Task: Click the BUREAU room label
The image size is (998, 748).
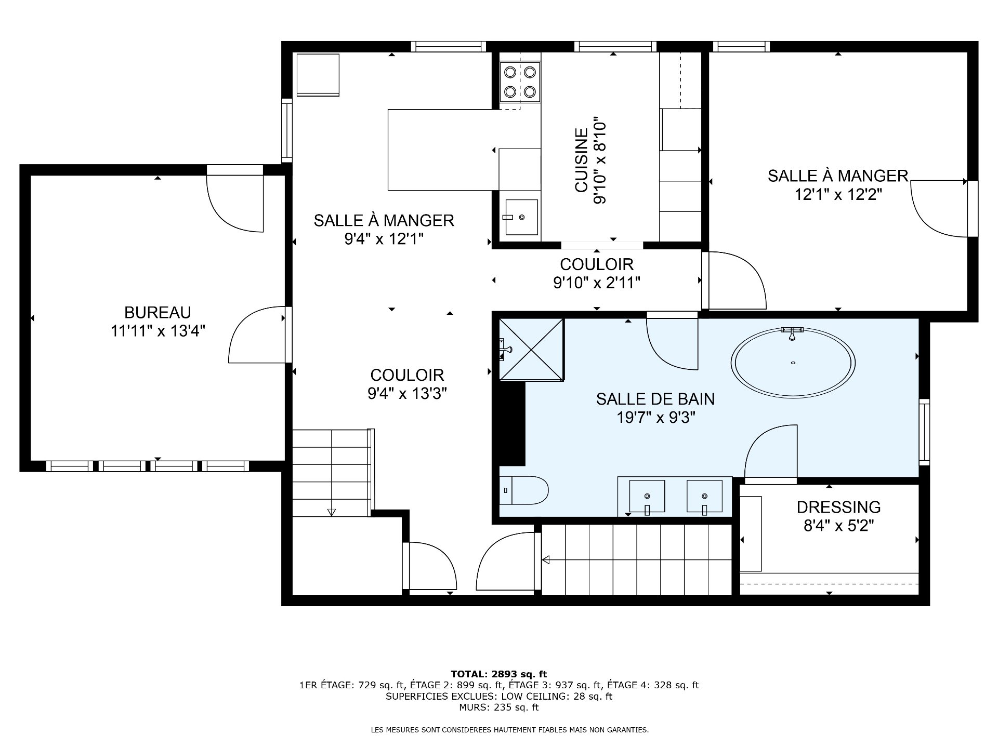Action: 157,312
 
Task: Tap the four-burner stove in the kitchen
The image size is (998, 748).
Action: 520,82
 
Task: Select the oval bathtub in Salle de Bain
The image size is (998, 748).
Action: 793,363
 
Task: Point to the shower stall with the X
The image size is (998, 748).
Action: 531,350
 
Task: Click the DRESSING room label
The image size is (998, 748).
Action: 838,507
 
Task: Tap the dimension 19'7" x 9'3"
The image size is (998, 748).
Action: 655,417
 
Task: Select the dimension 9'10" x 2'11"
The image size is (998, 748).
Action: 596,283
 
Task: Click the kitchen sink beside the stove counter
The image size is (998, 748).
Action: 521,217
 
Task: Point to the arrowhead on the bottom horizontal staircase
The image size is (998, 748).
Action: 546,560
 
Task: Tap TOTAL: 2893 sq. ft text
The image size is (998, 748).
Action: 498,675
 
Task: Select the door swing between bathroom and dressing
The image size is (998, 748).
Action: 771,452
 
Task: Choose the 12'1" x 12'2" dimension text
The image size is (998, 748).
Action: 838,194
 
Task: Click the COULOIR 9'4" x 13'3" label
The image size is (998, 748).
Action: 407,384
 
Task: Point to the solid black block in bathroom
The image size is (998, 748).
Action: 511,423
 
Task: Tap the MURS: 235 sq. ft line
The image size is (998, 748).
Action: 498,707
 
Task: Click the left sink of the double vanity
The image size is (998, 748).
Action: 647,496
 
